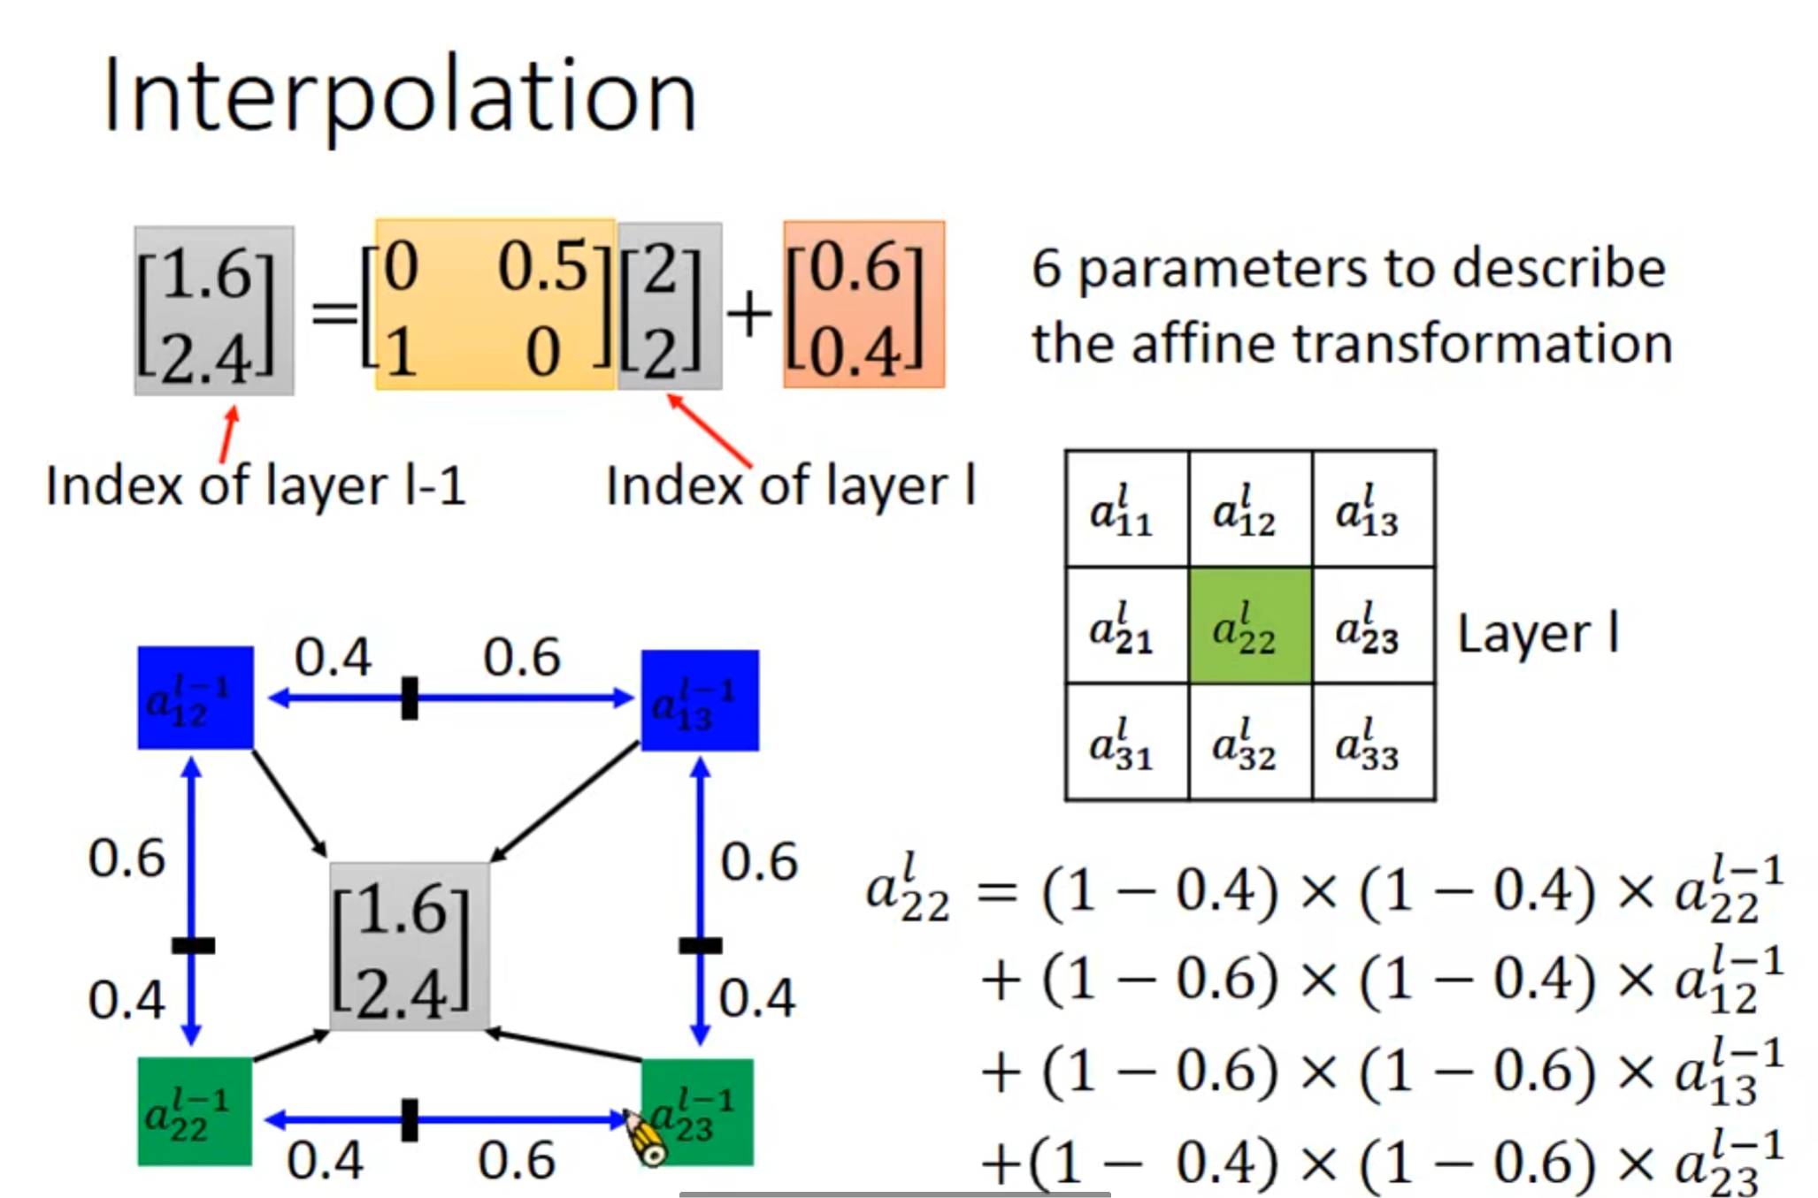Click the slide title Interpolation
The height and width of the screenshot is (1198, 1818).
coord(400,95)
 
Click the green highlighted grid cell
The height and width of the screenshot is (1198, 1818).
coord(1249,626)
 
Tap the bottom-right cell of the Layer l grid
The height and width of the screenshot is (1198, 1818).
coord(1373,743)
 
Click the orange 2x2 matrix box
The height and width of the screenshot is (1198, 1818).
coord(495,305)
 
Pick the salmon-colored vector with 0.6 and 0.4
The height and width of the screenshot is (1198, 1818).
coord(863,305)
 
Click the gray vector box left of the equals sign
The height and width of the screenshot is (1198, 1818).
coord(213,310)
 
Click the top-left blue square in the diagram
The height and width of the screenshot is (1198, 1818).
coord(195,698)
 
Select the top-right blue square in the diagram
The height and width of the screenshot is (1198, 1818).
coord(699,700)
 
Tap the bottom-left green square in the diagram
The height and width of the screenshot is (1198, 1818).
coord(195,1110)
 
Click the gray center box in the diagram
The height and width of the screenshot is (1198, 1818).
coord(409,946)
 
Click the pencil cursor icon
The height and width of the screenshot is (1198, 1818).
coord(646,1139)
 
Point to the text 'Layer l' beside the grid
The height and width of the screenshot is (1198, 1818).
coord(1538,633)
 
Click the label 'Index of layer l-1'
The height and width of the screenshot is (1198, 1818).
coord(255,485)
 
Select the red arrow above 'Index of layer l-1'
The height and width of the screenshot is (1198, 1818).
coord(228,433)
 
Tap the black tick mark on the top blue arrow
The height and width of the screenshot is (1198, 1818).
coord(409,698)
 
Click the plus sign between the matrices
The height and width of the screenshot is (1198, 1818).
coord(750,314)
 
